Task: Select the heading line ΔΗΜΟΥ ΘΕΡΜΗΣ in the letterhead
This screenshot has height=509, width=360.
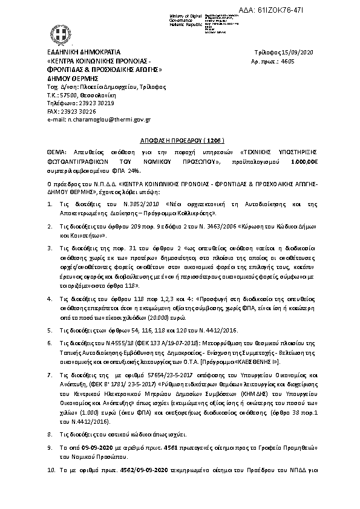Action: tap(72, 78)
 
